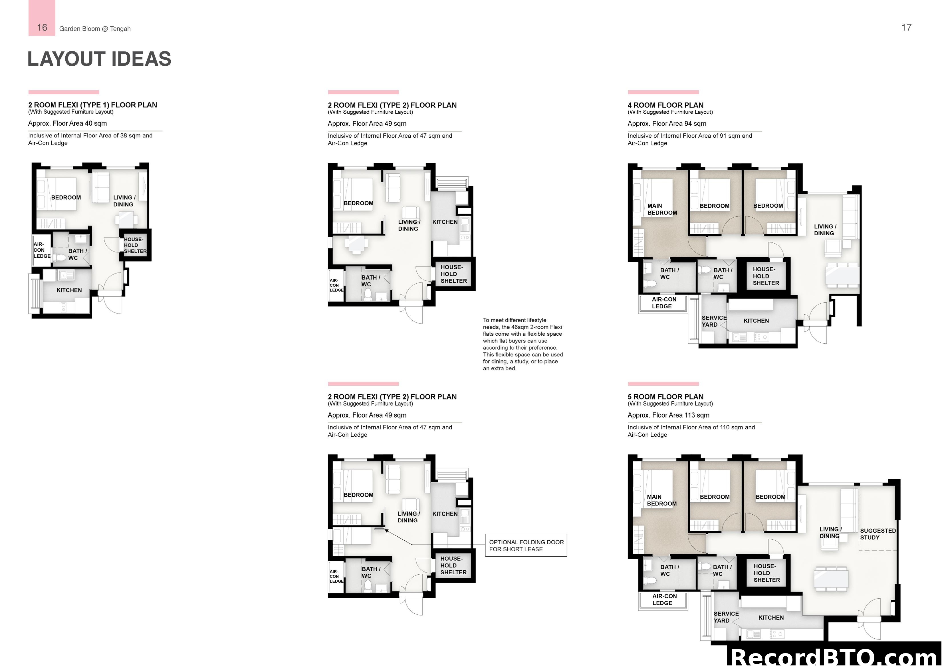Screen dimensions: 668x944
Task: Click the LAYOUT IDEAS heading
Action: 99,59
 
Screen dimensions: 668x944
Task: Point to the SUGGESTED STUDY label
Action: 878,534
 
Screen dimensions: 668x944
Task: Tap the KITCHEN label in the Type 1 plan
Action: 69,290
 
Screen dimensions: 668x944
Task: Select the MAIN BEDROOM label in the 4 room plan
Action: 661,209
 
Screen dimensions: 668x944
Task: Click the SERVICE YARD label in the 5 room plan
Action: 726,617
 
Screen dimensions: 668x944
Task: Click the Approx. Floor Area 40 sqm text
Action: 67,123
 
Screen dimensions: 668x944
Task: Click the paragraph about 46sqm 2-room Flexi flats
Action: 523,344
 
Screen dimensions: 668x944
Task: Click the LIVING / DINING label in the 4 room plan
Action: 824,230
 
